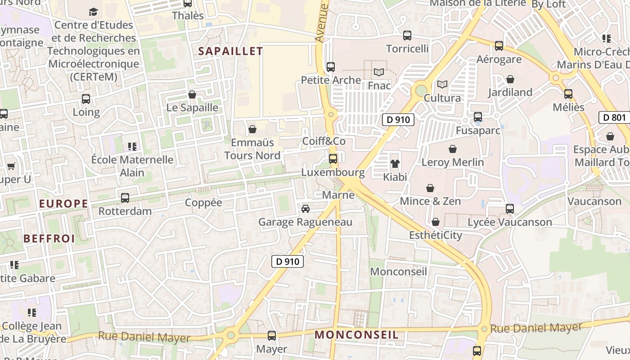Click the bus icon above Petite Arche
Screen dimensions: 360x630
(331, 67)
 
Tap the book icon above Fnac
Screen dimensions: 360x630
(379, 72)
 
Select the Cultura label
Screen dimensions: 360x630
(442, 98)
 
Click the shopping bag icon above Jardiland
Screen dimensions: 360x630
(510, 80)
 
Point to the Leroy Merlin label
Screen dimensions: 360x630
(452, 162)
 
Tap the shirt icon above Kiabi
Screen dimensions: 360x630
(395, 164)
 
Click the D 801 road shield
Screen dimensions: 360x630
(614, 118)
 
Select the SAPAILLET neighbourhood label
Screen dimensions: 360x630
(230, 51)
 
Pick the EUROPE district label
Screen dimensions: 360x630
(63, 203)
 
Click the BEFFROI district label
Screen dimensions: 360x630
(49, 238)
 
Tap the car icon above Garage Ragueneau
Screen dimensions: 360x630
(306, 209)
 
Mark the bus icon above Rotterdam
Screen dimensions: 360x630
(125, 198)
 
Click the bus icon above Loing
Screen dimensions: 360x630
(86, 99)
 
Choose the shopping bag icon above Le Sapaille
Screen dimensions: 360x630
(192, 94)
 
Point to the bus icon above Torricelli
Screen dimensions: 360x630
(407, 35)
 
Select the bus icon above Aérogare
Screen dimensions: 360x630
(499, 46)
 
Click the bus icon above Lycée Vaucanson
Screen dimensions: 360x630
(510, 209)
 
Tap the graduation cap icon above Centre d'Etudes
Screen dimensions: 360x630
(93, 12)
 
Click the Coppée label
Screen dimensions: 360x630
(203, 202)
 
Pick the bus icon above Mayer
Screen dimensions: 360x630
(272, 336)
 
